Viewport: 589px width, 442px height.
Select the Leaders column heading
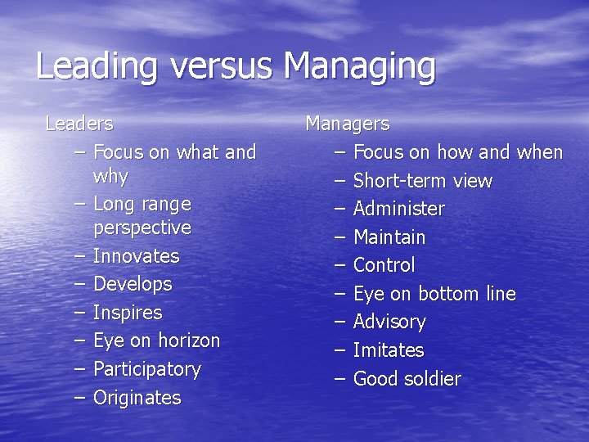[79, 124]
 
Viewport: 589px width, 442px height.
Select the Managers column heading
[347, 124]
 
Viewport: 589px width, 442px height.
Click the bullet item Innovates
[136, 256]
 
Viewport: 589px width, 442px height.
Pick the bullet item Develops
[133, 285]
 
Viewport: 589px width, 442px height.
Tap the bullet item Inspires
[128, 313]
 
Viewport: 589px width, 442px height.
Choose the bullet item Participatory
[146, 369]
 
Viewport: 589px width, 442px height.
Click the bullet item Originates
[137, 398]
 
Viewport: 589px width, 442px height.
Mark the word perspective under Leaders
[142, 227]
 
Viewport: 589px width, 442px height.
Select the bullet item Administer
[398, 209]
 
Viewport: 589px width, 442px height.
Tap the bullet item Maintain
[389, 237]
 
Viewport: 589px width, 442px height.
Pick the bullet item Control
[384, 265]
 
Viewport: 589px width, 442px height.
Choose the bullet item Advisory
[389, 322]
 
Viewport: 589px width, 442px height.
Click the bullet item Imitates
[388, 350]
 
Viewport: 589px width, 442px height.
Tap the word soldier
[433, 379]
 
